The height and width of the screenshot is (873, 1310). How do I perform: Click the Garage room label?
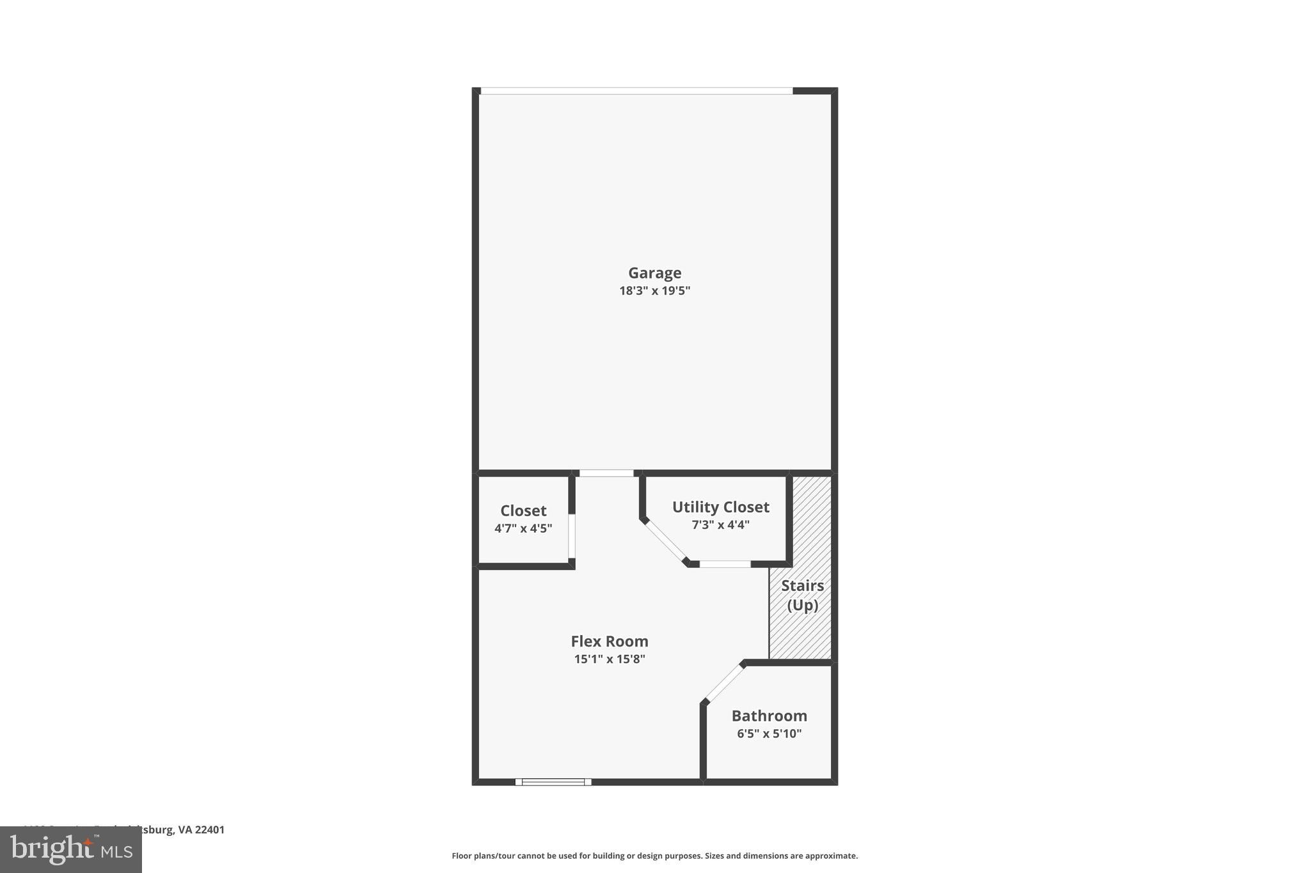(x=654, y=273)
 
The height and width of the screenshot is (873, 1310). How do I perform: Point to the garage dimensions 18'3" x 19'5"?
(x=654, y=291)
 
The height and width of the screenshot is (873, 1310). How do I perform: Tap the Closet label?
(x=523, y=511)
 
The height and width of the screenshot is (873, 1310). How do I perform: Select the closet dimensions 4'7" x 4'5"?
(x=523, y=528)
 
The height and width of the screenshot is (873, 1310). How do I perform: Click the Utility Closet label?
(x=720, y=507)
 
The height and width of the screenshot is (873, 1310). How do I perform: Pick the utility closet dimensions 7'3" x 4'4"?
(x=720, y=525)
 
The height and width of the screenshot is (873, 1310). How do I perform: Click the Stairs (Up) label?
(x=802, y=595)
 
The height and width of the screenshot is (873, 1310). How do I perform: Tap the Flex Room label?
(x=609, y=641)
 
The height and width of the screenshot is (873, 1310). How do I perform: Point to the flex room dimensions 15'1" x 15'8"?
(x=609, y=659)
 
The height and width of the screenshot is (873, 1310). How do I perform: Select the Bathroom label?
(x=769, y=716)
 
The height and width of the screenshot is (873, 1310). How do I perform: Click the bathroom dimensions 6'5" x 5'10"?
(x=769, y=734)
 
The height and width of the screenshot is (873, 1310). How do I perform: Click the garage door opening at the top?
(x=636, y=91)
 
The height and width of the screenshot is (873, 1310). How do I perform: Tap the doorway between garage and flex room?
(x=606, y=473)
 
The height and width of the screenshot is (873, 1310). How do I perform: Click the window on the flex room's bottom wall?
(x=553, y=782)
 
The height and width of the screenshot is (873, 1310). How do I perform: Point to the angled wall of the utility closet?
(x=665, y=543)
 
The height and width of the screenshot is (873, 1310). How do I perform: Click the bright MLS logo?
(x=71, y=850)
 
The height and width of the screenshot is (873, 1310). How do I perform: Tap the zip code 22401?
(x=210, y=830)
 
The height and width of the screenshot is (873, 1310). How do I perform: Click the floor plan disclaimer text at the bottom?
(x=654, y=856)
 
